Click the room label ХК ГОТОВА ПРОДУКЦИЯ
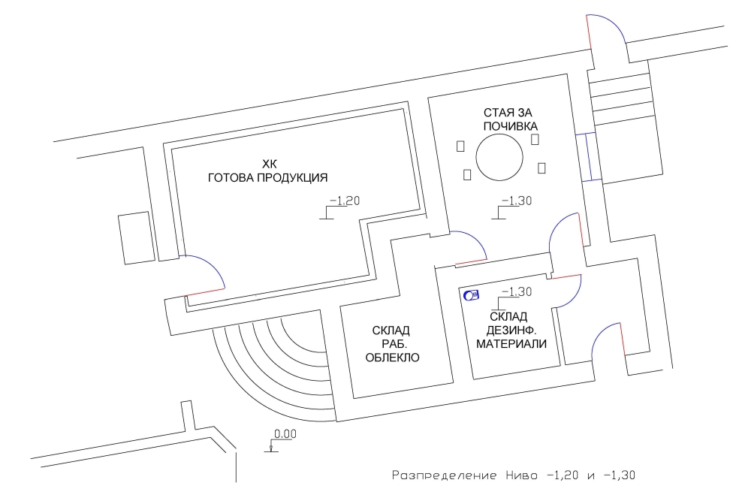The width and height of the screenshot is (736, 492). pos(267,171)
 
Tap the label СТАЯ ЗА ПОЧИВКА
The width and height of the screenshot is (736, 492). pos(510,119)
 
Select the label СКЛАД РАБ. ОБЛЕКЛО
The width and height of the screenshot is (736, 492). pos(392,344)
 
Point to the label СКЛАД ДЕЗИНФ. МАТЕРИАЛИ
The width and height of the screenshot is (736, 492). pos(511,330)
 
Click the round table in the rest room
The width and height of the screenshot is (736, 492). pos(499,157)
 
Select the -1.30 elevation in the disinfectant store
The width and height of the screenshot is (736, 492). pos(511,297)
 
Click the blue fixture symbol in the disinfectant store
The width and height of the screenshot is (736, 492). pos(471,295)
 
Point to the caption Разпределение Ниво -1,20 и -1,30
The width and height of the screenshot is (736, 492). pos(514,475)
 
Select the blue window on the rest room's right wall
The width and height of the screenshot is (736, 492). pos(589,157)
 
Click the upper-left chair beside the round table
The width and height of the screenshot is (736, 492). pos(460,146)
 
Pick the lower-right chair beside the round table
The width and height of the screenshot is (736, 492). pos(541,168)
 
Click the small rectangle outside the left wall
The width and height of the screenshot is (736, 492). pos(137,237)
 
